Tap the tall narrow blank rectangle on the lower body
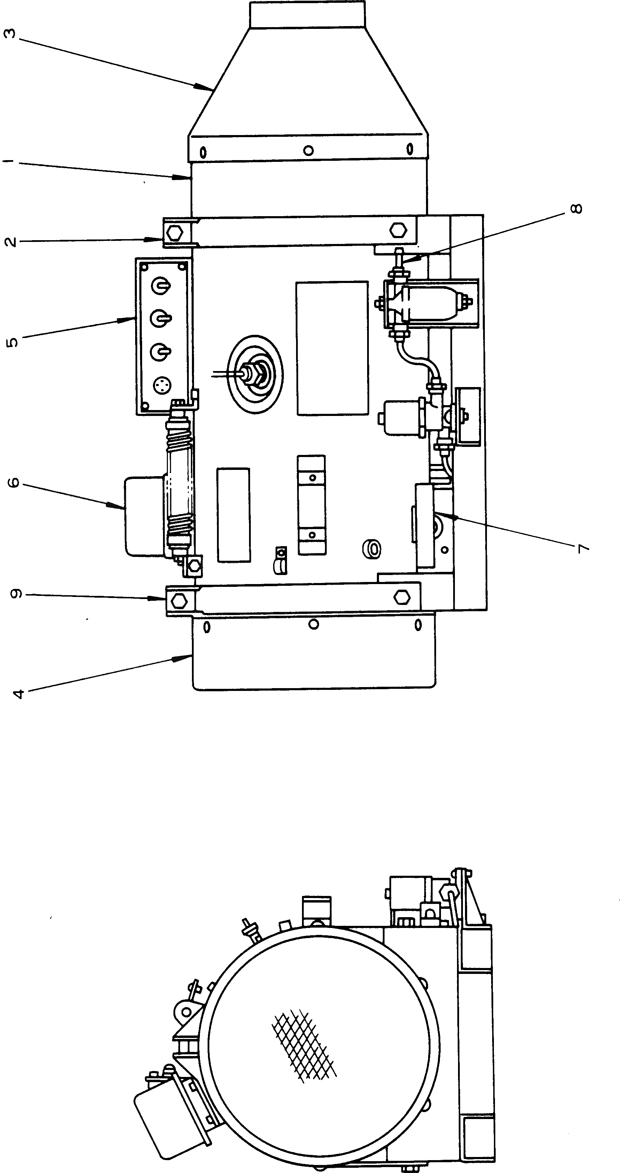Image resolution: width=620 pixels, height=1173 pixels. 233,514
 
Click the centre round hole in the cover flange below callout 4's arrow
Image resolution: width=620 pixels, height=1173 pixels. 313,624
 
